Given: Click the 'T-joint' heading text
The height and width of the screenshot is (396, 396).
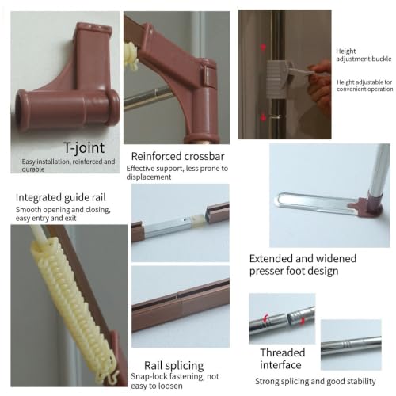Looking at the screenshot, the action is click(x=84, y=147).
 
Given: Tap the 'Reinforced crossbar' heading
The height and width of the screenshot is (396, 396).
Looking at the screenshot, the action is click(x=177, y=156).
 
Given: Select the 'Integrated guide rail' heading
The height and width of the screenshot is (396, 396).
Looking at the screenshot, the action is click(x=61, y=197).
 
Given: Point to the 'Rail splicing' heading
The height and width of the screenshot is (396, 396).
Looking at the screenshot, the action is click(x=174, y=366).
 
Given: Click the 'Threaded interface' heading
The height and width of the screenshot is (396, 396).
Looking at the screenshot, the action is click(x=282, y=359).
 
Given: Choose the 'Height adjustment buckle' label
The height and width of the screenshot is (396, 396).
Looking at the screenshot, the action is click(x=364, y=55).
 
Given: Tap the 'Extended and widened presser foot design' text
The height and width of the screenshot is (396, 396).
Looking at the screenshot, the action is click(x=303, y=265).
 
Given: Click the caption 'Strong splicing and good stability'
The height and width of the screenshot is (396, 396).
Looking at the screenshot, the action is click(x=315, y=381).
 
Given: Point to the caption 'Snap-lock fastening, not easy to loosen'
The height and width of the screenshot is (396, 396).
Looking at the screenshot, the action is click(x=175, y=381).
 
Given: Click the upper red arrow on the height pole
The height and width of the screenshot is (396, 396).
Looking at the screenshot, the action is click(x=263, y=48).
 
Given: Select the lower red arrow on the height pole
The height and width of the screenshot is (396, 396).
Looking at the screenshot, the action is click(x=263, y=117).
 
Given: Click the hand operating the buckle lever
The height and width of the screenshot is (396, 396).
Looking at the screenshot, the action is click(x=320, y=85).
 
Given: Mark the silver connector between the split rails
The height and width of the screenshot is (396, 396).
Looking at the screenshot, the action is click(x=171, y=225).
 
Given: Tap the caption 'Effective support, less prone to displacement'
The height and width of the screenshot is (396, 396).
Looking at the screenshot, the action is click(x=177, y=173).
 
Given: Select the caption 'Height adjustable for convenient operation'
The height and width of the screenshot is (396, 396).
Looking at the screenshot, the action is click(x=365, y=86).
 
